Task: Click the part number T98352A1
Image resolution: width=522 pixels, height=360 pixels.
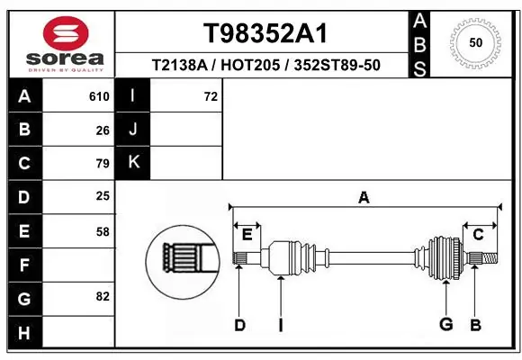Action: click(264, 33)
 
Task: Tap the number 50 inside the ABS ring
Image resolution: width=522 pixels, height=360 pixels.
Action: click(474, 42)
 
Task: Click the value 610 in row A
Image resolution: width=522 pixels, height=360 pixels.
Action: click(99, 96)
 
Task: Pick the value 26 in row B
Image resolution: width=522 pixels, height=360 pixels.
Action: click(103, 130)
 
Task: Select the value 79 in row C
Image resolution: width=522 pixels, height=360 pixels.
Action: click(103, 164)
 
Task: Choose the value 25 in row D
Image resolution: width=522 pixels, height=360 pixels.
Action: click(103, 196)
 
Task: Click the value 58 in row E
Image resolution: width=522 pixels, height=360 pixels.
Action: click(103, 231)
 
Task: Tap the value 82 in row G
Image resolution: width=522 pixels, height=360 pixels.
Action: click(103, 296)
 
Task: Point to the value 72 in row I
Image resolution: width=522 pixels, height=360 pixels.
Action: click(211, 96)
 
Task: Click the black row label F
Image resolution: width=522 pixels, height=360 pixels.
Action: click(23, 265)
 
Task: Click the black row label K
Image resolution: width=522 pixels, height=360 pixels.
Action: click(134, 163)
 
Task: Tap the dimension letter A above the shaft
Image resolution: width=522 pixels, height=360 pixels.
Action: click(364, 198)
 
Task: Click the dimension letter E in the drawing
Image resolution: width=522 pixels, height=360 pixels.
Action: click(247, 235)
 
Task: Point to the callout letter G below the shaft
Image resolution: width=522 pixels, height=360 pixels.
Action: click(445, 325)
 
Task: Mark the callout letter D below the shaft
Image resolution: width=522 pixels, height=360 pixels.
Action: click(239, 325)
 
